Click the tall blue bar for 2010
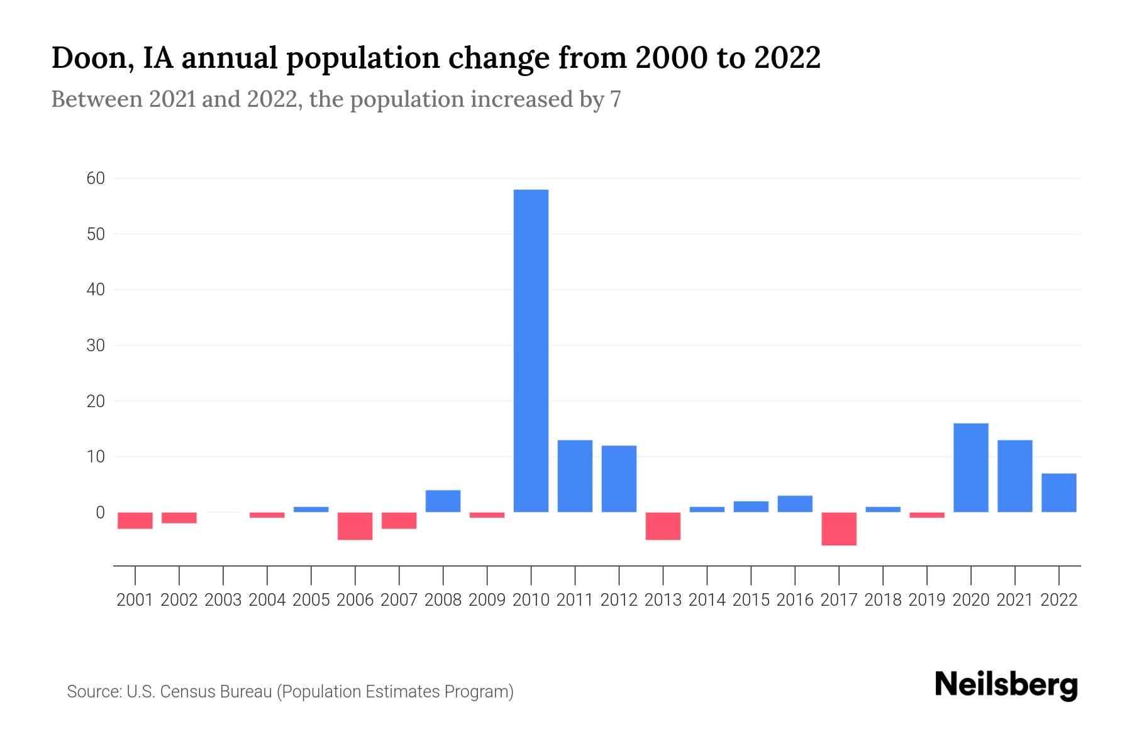tap(531, 351)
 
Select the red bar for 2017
tap(839, 528)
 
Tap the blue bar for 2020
tap(971, 467)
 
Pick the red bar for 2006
tap(355, 526)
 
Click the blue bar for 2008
tap(443, 501)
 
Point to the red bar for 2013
tap(663, 526)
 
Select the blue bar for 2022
tap(1059, 493)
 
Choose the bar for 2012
tap(619, 479)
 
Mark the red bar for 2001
tap(135, 520)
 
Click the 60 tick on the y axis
tap(96, 178)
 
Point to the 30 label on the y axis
tap(96, 345)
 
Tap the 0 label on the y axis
tap(100, 512)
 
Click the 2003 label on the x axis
tap(223, 600)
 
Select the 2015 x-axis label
tap(751, 600)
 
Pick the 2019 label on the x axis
tap(927, 600)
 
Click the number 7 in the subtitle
tap(615, 99)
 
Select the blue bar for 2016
tap(795, 504)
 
